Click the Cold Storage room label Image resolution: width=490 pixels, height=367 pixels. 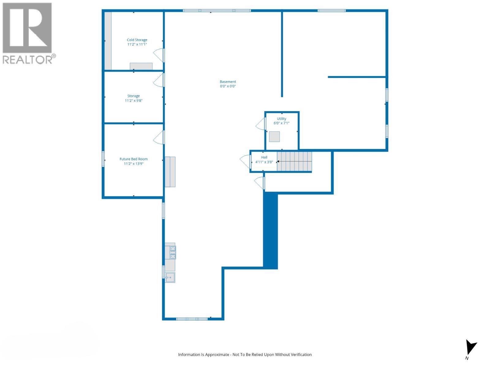pos(137,40)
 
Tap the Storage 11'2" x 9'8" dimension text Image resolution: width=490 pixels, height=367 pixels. pos(134,101)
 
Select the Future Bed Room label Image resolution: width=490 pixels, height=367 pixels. pos(134,159)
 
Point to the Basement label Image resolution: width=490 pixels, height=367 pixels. pos(228,82)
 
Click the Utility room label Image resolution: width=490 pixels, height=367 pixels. pos(281,119)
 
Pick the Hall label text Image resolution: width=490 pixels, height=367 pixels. pos(264,157)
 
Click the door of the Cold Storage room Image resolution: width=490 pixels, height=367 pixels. pos(159,55)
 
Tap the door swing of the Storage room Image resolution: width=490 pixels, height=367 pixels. pos(159,80)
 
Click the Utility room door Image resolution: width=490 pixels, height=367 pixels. pos(261,124)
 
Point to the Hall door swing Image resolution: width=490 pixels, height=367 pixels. pos(245,161)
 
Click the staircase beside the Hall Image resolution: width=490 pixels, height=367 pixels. pos(294,161)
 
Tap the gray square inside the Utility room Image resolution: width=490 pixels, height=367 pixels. pos(274,137)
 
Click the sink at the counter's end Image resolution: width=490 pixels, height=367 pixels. pos(170,277)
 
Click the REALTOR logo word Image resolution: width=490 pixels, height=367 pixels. pos(28,59)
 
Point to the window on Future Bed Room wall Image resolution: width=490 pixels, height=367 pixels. pos(103,159)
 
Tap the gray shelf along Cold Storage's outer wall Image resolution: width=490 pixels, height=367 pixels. pos(108,41)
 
